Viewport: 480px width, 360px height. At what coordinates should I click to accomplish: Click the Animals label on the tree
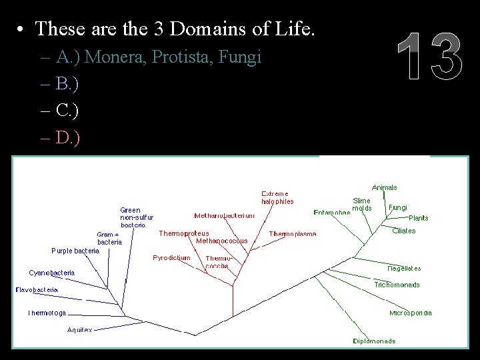tap(384, 187)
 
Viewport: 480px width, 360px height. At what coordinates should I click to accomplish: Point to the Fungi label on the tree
tap(397, 207)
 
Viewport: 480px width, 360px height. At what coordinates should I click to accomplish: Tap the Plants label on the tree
tap(419, 218)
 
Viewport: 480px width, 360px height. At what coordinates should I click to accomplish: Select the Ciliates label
tap(403, 231)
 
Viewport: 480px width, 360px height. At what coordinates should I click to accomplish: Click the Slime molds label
tap(362, 204)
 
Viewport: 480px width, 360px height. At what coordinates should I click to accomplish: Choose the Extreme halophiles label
tap(277, 197)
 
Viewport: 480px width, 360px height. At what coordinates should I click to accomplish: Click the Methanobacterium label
tap(224, 215)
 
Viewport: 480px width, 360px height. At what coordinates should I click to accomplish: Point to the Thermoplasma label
tap(293, 234)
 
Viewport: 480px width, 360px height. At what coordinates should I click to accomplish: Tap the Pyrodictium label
tap(171, 257)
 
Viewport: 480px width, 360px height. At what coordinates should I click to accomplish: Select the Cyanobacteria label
tap(52, 273)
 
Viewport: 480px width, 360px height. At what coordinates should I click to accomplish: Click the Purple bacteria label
tap(75, 251)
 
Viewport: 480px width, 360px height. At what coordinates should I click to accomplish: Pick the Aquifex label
tap(80, 330)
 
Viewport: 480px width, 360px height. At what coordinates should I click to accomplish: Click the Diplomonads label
tap(374, 341)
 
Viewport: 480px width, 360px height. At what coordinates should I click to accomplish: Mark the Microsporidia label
tap(411, 313)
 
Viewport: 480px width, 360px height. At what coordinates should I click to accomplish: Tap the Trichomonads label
tap(397, 285)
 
